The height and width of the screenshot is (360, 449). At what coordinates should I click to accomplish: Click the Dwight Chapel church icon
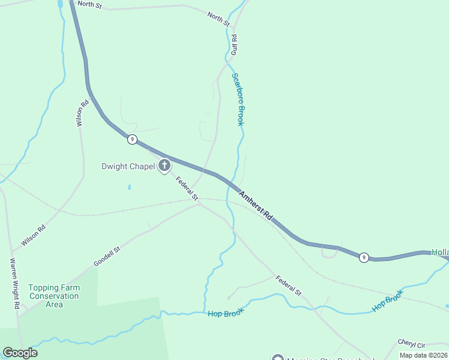tap(164, 166)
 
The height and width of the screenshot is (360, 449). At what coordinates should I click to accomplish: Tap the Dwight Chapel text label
tap(128, 166)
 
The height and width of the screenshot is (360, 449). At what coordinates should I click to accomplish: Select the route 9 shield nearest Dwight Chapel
tap(132, 139)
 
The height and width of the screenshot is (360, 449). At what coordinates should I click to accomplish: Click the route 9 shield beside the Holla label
tap(364, 257)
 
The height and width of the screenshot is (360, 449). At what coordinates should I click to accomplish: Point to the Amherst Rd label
tap(256, 205)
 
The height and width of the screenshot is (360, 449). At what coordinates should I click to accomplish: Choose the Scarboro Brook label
tap(238, 100)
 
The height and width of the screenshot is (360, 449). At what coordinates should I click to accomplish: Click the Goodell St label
tap(107, 256)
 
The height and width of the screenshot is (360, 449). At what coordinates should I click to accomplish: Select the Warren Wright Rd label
tap(14, 284)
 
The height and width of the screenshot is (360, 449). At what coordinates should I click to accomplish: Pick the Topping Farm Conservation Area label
tap(54, 296)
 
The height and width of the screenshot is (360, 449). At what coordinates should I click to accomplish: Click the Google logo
tap(20, 353)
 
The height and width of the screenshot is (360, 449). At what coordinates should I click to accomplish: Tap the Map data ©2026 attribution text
tap(423, 355)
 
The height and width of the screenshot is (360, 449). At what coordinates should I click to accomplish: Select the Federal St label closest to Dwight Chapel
tap(186, 188)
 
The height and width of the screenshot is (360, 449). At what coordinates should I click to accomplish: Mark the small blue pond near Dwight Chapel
tap(128, 187)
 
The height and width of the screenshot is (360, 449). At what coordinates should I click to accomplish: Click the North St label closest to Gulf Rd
tap(218, 19)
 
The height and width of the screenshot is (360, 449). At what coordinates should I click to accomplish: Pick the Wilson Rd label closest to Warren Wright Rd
tap(34, 236)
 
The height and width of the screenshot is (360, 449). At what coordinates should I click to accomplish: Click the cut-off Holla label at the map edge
tap(440, 253)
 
